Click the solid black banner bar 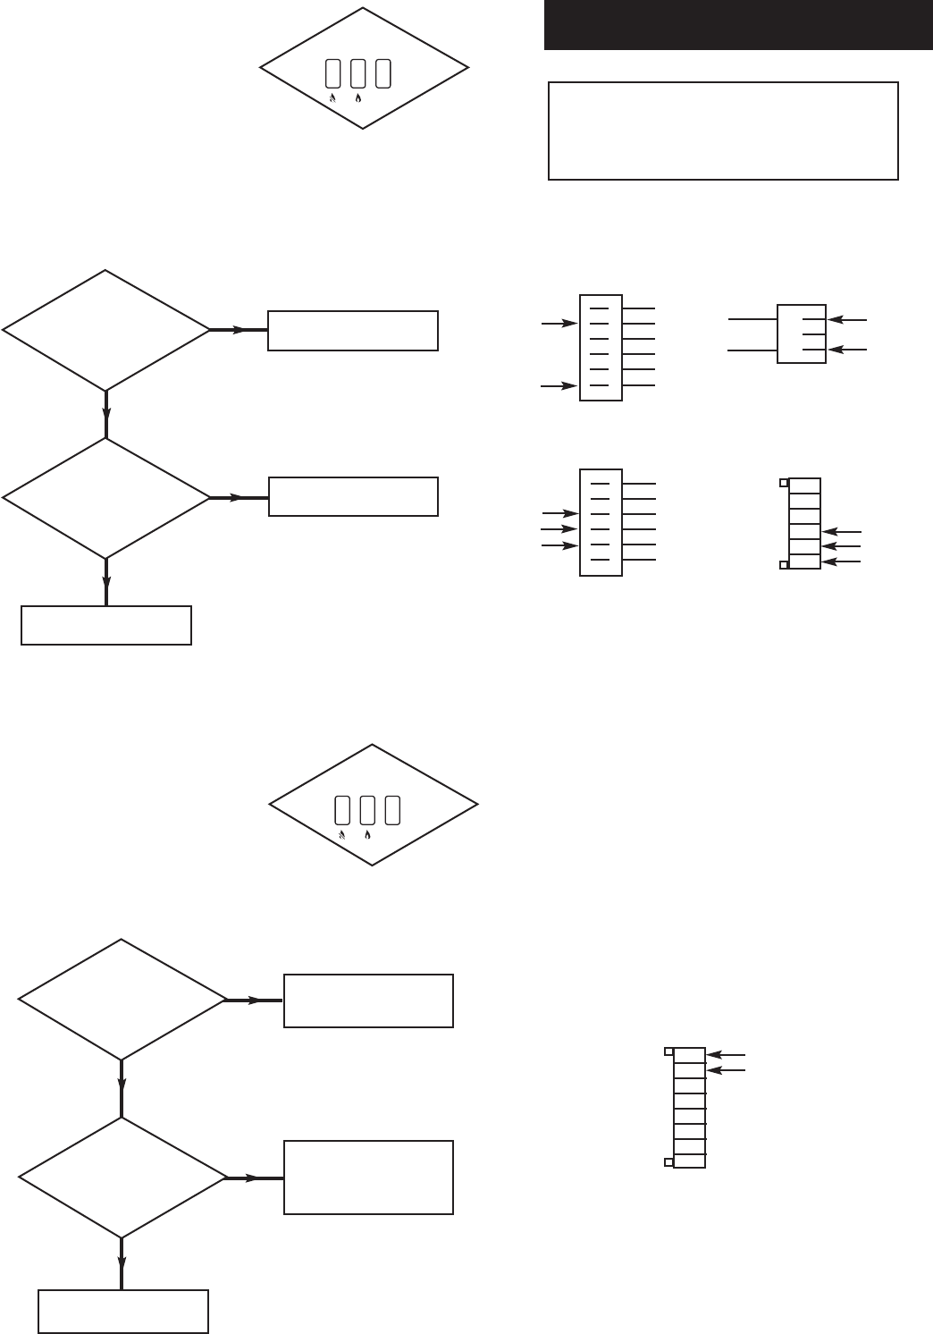pos(737,24)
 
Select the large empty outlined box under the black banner pos(722,131)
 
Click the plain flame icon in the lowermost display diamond pos(368,834)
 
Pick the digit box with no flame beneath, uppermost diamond pos(383,73)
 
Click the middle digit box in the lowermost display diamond pos(367,809)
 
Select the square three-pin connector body pos(801,334)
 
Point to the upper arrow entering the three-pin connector pos(848,318)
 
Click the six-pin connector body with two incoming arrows pos(601,347)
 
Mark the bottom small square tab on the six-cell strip pos(784,565)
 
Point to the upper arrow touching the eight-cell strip pos(725,1055)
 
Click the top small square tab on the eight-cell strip pos(668,1051)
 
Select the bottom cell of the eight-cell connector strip pos(689,1161)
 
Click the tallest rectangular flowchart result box pos(368,1177)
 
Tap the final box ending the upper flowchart pos(105,625)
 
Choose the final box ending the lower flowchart pos(122,1311)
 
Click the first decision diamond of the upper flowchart pos(105,330)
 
